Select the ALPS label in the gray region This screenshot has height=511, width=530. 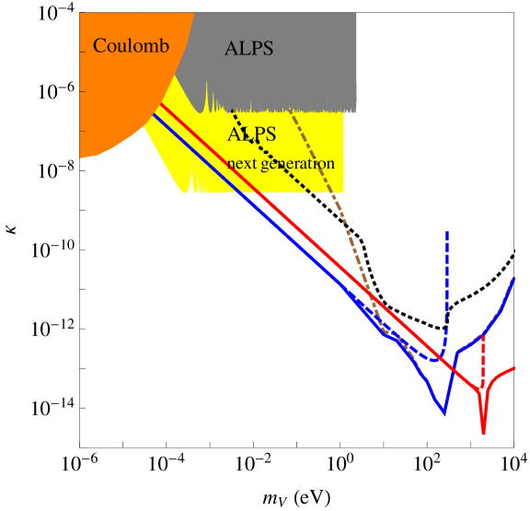(x=248, y=50)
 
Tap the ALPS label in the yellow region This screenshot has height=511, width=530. (x=252, y=134)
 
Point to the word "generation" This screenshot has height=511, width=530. (x=298, y=164)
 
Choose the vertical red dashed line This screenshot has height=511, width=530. (x=482, y=359)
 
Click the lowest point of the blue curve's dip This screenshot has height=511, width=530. (x=444, y=414)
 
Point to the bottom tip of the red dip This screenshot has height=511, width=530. (x=483, y=433)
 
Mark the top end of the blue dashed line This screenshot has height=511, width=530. (x=447, y=233)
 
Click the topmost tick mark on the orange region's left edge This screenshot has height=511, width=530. (x=82, y=52)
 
